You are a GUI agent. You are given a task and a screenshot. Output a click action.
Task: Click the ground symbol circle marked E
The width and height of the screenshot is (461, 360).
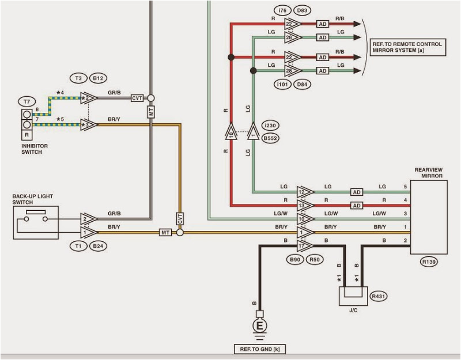tap(259, 327)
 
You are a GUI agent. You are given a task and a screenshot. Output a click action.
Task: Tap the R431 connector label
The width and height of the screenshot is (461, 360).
tap(379, 296)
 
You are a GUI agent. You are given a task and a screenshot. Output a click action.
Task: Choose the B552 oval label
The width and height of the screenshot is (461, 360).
tap(270, 138)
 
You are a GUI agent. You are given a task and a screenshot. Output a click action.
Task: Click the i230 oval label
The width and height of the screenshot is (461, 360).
tap(270, 124)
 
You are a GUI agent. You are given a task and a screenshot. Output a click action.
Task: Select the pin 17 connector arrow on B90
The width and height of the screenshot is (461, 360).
tap(304, 245)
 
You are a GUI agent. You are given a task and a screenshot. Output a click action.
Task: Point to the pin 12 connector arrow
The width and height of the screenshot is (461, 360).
tap(304, 191)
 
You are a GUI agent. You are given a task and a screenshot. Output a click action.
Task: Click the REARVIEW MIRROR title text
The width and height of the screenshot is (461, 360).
tap(429, 173)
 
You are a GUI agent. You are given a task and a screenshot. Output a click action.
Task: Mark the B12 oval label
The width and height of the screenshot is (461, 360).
tap(99, 78)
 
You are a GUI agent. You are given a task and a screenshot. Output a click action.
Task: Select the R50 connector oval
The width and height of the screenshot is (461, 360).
tap(316, 260)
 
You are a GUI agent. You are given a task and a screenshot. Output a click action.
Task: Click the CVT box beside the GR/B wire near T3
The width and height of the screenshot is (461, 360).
tap(137, 98)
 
